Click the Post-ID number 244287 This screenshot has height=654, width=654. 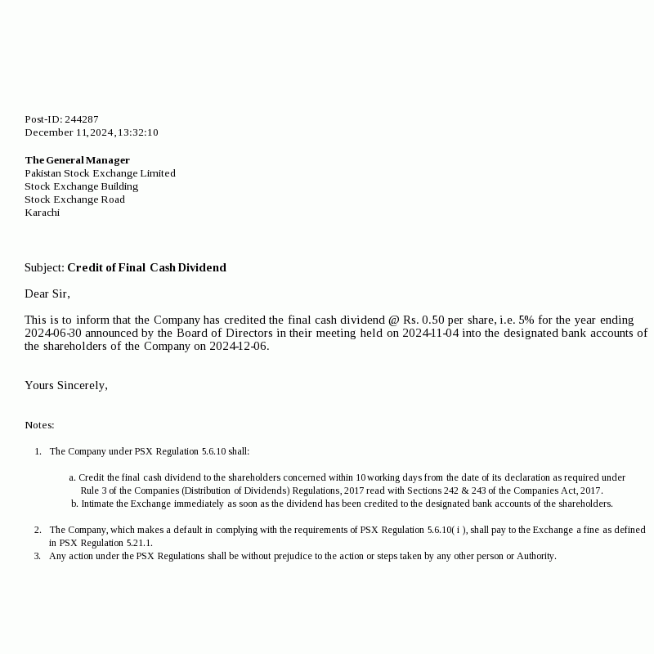[x=82, y=119]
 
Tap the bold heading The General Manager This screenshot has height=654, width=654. [x=77, y=160]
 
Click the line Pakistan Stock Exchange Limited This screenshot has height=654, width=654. [x=100, y=173]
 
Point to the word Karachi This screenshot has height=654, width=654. [x=42, y=213]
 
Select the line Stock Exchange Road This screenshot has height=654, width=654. [x=74, y=199]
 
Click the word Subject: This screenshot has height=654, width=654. [x=44, y=267]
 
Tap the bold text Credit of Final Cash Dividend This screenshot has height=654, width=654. [x=146, y=267]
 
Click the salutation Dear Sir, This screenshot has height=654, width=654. [x=47, y=293]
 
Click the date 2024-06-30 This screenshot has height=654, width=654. [x=52, y=333]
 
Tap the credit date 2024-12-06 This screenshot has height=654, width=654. [x=238, y=346]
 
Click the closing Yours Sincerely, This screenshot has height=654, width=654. [x=66, y=385]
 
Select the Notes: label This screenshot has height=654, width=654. [x=39, y=425]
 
